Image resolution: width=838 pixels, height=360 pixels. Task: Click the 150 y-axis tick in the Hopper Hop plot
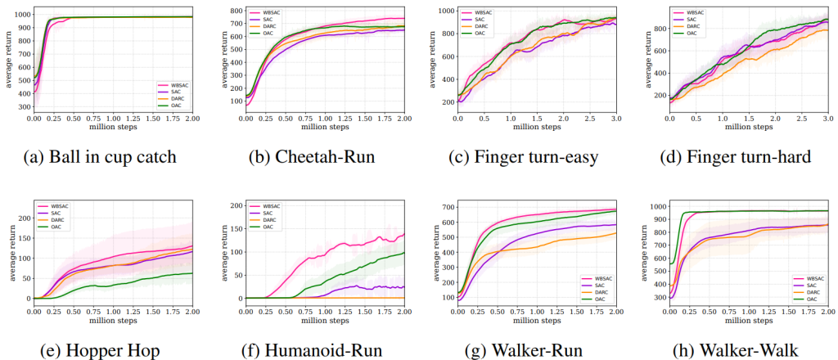click(22, 238)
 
